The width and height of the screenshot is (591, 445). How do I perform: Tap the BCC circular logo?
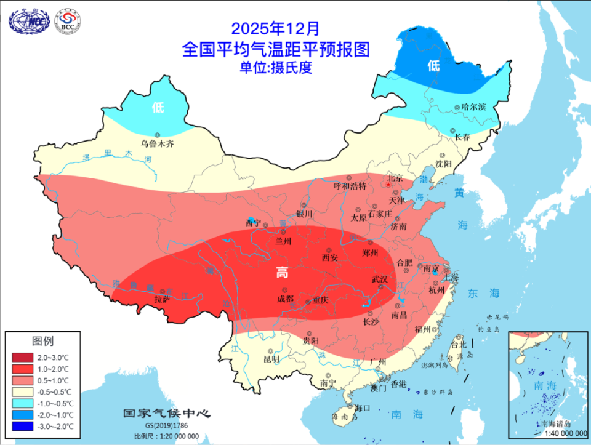pos(67,20)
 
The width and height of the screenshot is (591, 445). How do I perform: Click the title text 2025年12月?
pos(275,28)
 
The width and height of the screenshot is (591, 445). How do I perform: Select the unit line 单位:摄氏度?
pos(276,68)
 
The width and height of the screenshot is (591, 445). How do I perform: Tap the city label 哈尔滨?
pos(473,107)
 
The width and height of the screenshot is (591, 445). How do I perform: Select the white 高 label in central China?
pos(282,273)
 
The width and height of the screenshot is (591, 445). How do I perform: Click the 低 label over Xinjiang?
pos(158,108)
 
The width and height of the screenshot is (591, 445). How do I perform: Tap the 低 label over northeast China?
pos(434,66)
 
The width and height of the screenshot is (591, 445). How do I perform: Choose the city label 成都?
pos(285,299)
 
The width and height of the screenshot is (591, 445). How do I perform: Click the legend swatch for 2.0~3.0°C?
pos(23,357)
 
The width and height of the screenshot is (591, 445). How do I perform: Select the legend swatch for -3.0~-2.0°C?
pos(23,426)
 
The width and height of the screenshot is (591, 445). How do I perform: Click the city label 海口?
pos(361,408)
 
